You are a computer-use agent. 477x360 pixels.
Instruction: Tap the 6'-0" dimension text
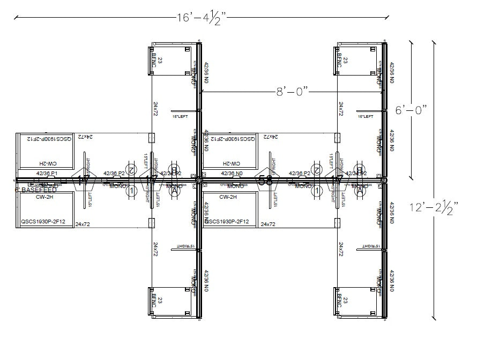coord(412,110)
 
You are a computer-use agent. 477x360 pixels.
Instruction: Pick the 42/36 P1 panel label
coord(47,174)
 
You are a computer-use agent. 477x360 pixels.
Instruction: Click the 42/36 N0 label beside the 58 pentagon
coord(232,174)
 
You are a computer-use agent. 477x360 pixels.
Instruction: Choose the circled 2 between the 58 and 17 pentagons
coord(317,170)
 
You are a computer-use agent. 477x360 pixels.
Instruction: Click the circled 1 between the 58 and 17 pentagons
coord(317,190)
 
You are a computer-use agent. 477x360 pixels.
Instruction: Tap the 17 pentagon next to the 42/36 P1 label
coord(83,180)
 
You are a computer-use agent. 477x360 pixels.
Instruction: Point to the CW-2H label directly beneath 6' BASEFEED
coord(44,197)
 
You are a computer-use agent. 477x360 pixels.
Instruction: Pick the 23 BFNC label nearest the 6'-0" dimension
coord(341,62)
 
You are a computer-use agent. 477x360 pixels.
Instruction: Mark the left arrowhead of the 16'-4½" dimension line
coord(16,17)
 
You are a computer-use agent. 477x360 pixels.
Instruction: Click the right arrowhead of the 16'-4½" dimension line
coord(387,17)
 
